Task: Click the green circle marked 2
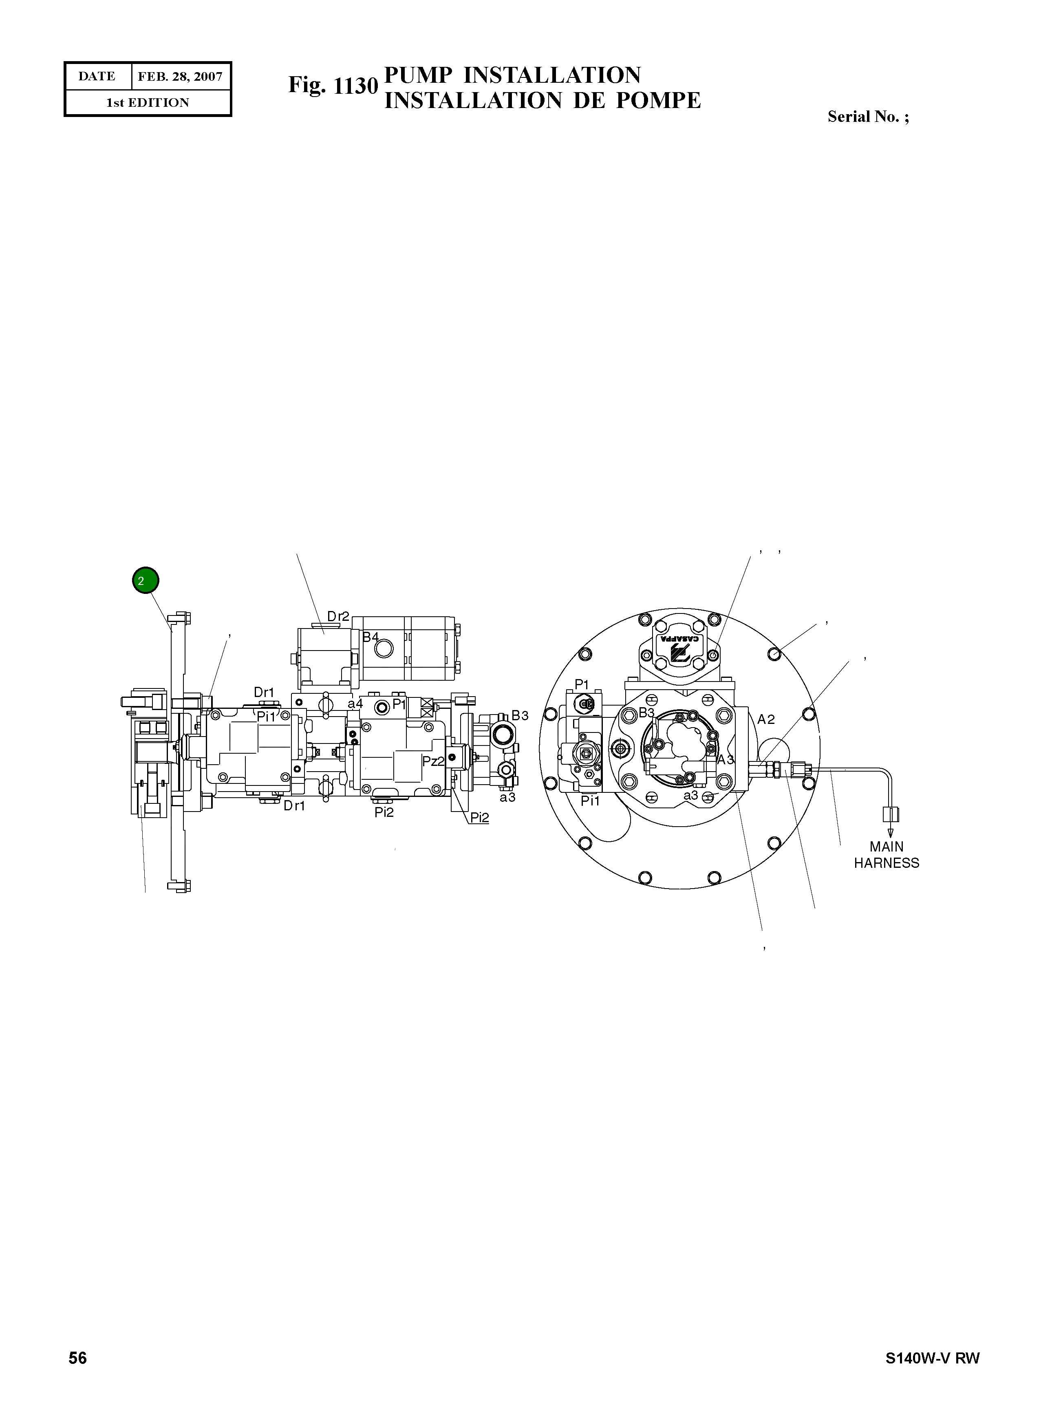point(146,580)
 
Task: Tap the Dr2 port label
point(338,616)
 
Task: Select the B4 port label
point(370,637)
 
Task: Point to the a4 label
point(355,704)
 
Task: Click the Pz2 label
point(433,761)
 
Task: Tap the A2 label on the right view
point(765,719)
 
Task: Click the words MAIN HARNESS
point(886,855)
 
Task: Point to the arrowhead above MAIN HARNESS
point(891,834)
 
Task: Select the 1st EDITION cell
point(148,103)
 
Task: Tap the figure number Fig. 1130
point(333,86)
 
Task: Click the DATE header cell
point(97,76)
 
